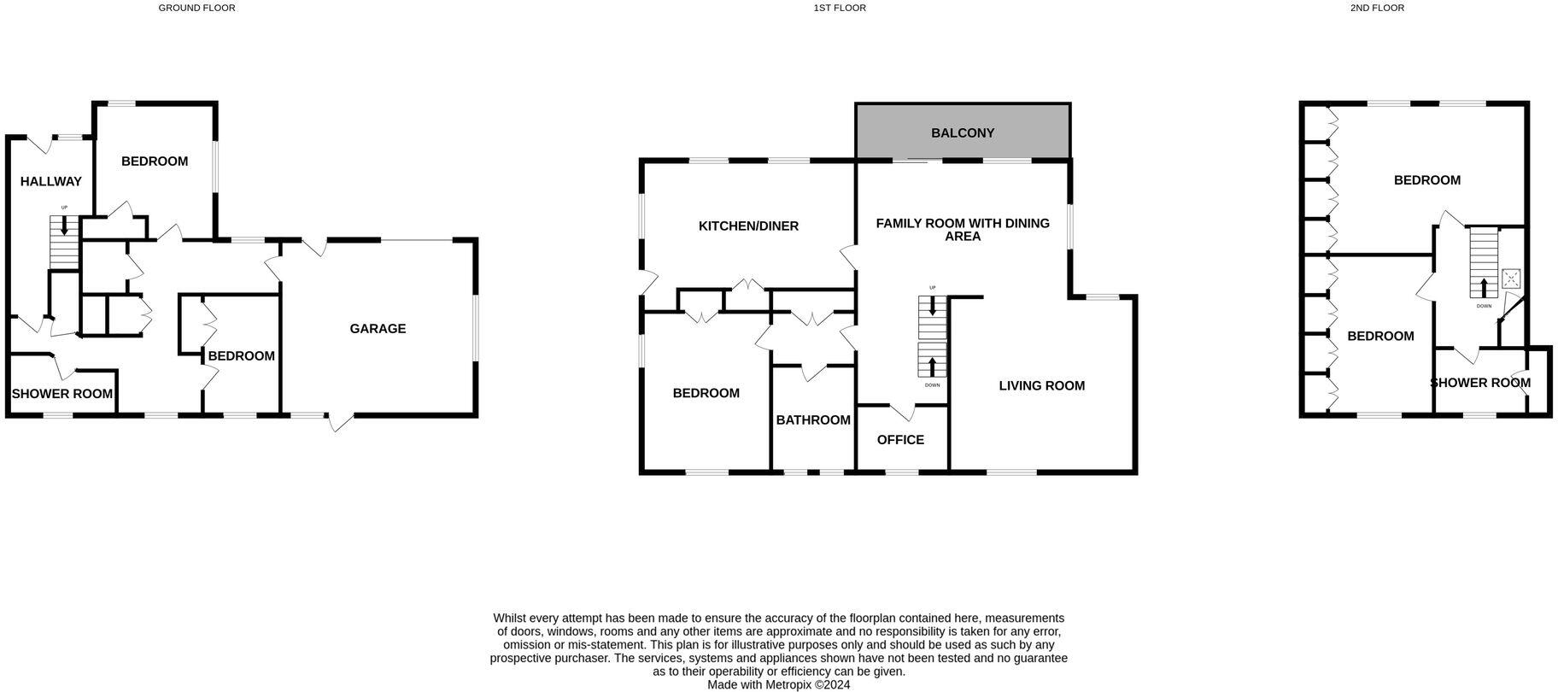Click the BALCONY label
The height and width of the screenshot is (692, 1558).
pos(963,133)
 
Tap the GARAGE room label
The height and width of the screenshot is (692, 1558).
pos(378,329)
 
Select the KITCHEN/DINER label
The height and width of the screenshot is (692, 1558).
pos(748,226)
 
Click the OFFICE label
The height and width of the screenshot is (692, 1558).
pos(900,440)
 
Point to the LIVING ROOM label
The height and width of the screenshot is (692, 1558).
pos(1041,386)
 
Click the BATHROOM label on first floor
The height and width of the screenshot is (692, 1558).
pos(812,420)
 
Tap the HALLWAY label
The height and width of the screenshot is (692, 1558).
pos(51,182)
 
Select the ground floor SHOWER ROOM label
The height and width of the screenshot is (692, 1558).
pos(62,394)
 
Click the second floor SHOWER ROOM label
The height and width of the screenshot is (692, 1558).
pos(1480,383)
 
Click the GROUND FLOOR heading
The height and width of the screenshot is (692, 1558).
pos(196,8)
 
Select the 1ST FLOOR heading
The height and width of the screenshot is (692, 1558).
pos(840,8)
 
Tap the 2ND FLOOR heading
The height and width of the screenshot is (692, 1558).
pos(1377,8)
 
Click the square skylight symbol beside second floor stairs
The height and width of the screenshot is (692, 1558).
pos(1511,279)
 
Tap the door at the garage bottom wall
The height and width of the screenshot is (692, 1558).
pos(341,421)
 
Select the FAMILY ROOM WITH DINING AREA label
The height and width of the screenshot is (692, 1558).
pos(963,230)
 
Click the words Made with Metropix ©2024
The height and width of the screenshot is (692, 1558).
pos(778,684)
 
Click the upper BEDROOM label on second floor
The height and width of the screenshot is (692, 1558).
pos(1426,180)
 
